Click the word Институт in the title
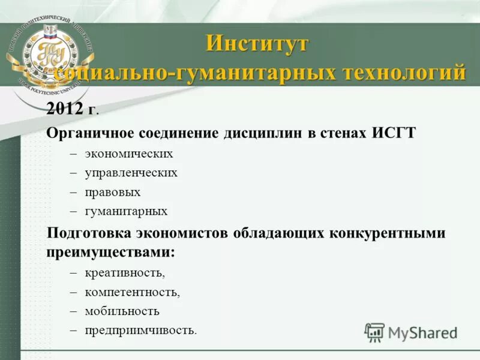click(257, 44)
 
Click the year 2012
click(65, 109)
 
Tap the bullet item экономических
click(128, 154)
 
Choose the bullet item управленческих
click(131, 173)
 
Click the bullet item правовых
click(112, 192)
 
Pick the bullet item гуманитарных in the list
click(126, 211)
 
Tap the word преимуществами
click(110, 252)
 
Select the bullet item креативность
click(124, 273)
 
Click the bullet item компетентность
click(132, 292)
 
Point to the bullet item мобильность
click(122, 311)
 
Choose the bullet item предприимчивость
click(140, 330)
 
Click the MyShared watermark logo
click(410, 332)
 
